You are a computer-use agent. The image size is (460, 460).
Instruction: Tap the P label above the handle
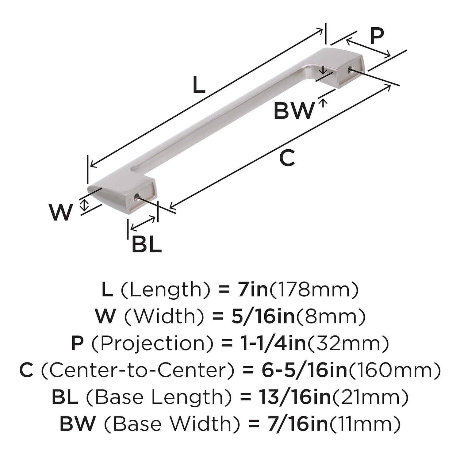pos(377,36)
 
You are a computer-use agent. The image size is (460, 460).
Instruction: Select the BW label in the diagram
pos(294,111)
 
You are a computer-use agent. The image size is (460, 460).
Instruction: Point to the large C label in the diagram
pos(287,158)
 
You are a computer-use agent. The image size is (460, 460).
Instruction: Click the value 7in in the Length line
pos(249,289)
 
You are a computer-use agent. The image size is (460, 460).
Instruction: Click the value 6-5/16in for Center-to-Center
pos(304,370)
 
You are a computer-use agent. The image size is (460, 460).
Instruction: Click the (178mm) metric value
pos(313,289)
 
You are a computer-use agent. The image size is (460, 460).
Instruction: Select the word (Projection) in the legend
pos(152,343)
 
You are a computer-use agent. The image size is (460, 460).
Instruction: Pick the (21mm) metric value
pos(370,397)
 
